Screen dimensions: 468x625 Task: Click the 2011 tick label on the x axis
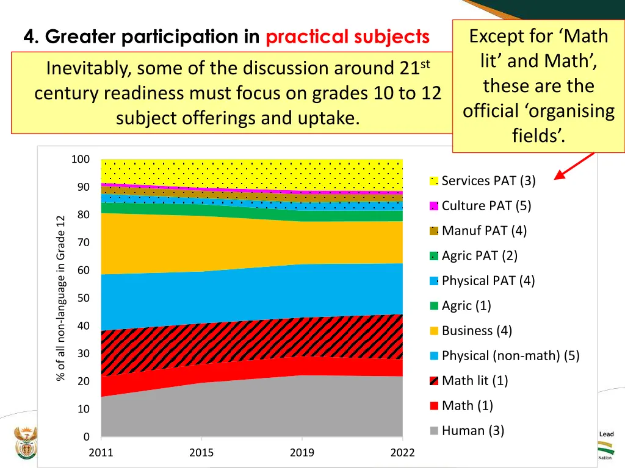coord(101,452)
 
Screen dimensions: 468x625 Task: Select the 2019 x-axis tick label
coord(302,452)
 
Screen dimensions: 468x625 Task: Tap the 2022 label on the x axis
coord(402,452)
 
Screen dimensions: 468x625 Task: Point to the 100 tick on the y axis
coord(81,159)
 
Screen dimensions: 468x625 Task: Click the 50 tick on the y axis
coord(83,298)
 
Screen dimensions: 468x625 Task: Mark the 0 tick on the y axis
coord(86,437)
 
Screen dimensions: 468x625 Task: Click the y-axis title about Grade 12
coord(60,298)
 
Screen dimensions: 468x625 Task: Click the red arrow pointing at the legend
coord(574,166)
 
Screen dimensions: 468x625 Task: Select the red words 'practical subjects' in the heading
coord(348,37)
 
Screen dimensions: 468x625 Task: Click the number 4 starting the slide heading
coord(29,37)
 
